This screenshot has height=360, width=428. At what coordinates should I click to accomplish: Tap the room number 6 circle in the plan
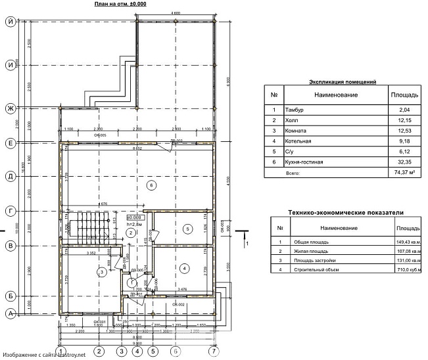(x=152, y=186)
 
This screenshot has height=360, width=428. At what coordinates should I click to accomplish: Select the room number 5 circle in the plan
(x=188, y=228)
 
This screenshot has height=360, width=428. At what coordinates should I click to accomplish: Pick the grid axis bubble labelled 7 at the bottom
(x=212, y=351)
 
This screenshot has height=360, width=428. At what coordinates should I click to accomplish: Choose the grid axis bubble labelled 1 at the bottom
(x=60, y=351)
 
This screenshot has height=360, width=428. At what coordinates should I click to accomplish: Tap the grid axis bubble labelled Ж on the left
(x=11, y=108)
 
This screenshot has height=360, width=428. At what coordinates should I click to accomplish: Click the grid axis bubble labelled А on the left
(x=11, y=313)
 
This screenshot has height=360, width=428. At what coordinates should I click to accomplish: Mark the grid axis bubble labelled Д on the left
(x=11, y=176)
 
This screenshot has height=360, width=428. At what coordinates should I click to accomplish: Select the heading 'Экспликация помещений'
(x=342, y=83)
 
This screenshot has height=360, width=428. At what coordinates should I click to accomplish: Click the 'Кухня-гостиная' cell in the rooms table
(x=305, y=161)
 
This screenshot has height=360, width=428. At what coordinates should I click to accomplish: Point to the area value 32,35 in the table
(x=400, y=161)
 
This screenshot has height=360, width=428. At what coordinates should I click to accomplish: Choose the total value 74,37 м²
(x=400, y=173)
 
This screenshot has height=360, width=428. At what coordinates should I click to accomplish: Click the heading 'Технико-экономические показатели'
(x=346, y=212)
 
